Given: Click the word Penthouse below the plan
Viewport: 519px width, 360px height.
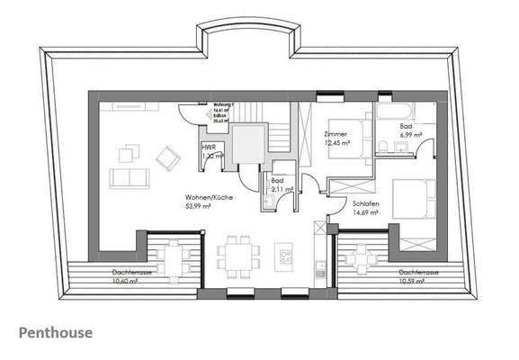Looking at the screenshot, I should point(55,333).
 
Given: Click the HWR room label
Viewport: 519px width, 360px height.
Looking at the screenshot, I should point(208,147).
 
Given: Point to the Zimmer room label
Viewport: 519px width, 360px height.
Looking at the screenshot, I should point(335,134).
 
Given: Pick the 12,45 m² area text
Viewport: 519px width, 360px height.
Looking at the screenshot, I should point(336,142).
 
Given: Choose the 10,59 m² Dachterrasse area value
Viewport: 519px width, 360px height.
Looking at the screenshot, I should point(391,281).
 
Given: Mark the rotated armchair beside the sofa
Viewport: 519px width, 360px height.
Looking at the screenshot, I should point(166,157).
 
